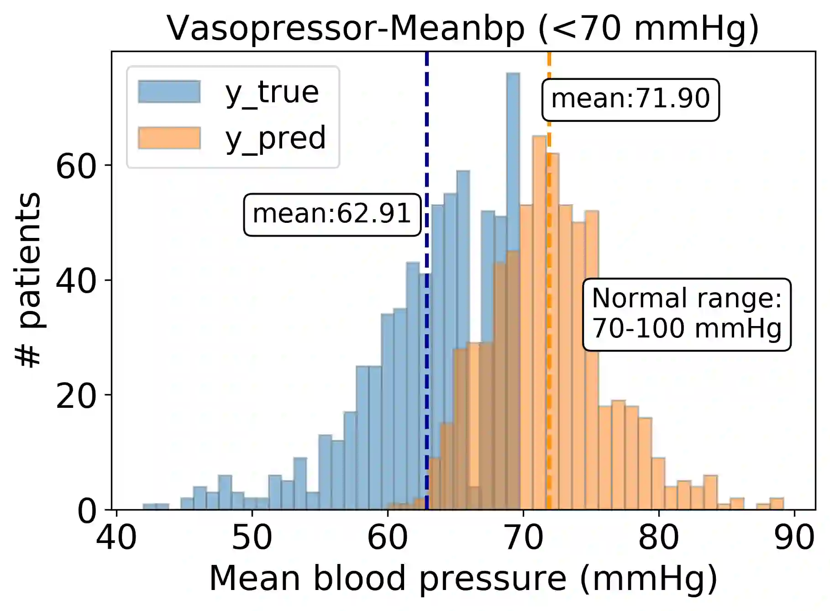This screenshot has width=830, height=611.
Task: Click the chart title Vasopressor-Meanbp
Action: point(462,28)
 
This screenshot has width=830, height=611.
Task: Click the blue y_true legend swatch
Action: point(169,92)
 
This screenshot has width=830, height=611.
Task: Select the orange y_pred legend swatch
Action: point(169,138)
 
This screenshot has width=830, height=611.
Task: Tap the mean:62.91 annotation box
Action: point(332,215)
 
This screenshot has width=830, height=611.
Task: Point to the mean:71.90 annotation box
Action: point(630,100)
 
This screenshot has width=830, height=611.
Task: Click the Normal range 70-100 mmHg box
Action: point(686,314)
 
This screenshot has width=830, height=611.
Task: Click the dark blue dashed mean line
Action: point(427,365)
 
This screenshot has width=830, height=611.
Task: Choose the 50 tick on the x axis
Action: point(252,538)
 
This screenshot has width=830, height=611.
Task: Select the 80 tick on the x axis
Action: point(658,538)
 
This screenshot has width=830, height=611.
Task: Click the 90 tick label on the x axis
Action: point(794,538)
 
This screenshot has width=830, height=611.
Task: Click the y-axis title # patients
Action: point(28,279)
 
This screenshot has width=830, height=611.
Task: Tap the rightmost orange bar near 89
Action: point(777,504)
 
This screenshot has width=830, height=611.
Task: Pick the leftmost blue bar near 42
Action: point(149,506)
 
